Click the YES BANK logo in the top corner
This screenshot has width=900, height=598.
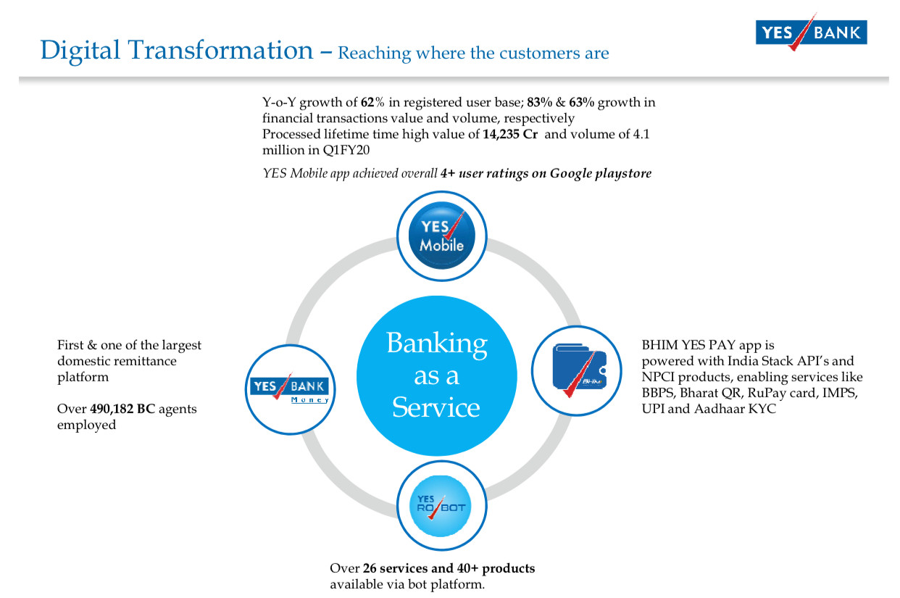point(811,32)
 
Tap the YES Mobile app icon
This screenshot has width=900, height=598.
point(441,236)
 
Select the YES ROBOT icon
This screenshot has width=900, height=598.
point(441,506)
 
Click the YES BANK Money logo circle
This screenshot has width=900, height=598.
point(290,389)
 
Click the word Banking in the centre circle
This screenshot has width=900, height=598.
point(437,344)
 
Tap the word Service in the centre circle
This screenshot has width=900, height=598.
point(436,407)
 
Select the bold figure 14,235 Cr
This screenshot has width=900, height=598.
point(510,134)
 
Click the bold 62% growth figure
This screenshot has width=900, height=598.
point(372,102)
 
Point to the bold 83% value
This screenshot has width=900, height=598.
point(540,102)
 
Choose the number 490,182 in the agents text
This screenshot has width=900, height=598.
point(112,409)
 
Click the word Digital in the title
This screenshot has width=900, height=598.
point(80,51)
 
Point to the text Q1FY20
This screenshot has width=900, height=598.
point(346,150)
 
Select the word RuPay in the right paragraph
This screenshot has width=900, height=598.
point(763,393)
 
